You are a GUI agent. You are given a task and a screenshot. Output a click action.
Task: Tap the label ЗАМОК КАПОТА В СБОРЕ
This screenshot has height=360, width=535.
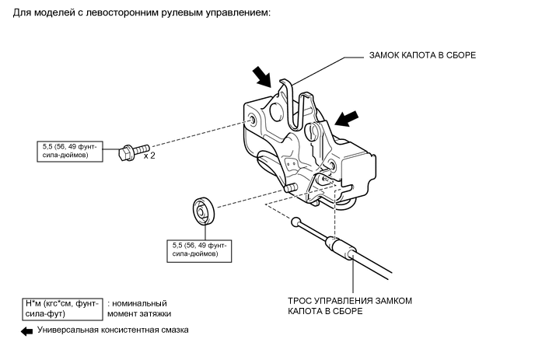click(424, 56)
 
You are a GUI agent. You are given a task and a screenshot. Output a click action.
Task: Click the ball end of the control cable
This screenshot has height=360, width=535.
click(295, 222)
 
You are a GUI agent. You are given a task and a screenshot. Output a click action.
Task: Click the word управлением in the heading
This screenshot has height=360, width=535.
click(240, 12)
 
